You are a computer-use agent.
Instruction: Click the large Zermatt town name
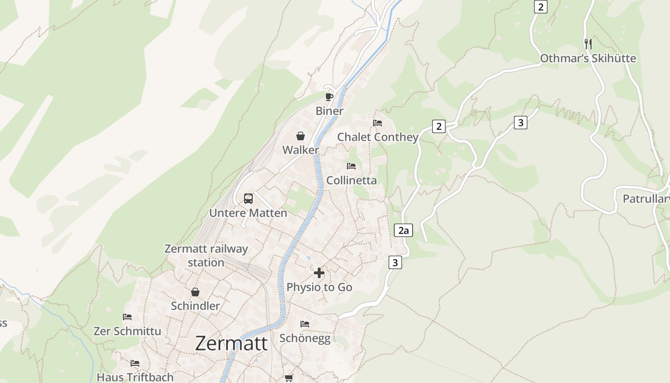[x=231, y=343]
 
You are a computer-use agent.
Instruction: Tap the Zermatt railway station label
[x=206, y=256]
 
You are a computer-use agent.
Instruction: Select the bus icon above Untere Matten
[x=248, y=198]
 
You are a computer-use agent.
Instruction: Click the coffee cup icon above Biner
[x=329, y=97]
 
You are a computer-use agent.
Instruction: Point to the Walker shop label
[x=301, y=150]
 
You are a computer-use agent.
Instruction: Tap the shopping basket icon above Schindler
[x=195, y=292]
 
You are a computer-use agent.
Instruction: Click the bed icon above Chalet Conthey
[x=378, y=123]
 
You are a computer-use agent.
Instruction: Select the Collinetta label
[x=352, y=180]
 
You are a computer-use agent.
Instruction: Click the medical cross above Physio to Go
[x=319, y=273]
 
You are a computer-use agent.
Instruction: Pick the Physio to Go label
[x=319, y=287]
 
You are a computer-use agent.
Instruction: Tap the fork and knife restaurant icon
[x=588, y=44]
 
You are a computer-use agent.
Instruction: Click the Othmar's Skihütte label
[x=588, y=58]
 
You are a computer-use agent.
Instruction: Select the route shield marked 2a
[x=403, y=230]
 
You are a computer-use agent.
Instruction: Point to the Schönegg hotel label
[x=305, y=338]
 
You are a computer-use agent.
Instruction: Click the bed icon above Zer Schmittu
[x=127, y=317]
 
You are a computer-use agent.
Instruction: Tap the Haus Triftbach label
[x=135, y=377]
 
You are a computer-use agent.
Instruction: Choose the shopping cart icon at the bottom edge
[x=289, y=378]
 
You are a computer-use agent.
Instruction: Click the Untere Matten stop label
[x=248, y=213]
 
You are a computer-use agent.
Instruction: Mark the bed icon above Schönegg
[x=305, y=324]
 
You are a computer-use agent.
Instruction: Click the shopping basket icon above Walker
[x=301, y=136]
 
